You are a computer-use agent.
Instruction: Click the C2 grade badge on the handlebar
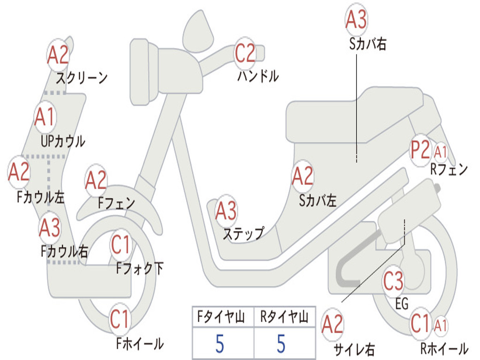click(245, 53)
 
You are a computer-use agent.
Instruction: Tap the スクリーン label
click(82, 78)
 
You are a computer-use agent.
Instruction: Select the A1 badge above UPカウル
click(45, 117)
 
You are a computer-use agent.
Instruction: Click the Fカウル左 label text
click(41, 197)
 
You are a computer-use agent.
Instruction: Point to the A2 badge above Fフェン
click(96, 180)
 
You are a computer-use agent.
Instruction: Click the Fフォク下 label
click(140, 269)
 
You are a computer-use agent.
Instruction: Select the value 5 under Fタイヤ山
click(220, 344)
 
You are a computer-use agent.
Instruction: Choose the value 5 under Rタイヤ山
click(281, 344)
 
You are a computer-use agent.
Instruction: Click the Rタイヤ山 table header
click(285, 317)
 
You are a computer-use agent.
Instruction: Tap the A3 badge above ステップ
click(226, 211)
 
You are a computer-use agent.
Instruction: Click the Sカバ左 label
click(318, 201)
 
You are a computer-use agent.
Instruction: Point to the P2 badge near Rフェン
click(420, 150)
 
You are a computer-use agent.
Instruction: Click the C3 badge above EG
click(393, 281)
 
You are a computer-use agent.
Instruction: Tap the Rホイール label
click(444, 349)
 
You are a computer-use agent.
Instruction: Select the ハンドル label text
click(258, 76)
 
